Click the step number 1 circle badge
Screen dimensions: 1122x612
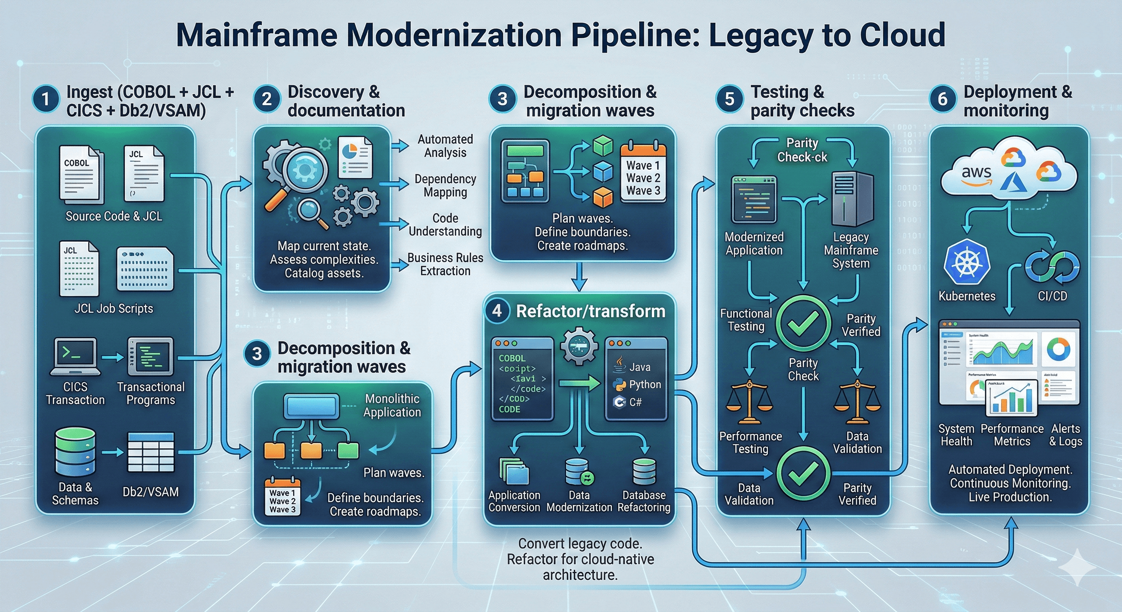[46, 99]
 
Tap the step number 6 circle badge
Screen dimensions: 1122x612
[942, 99]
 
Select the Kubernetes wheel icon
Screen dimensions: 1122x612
[967, 263]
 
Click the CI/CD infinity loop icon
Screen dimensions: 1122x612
[1052, 266]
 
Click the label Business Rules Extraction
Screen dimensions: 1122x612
[445, 265]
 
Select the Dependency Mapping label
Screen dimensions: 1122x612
[445, 186]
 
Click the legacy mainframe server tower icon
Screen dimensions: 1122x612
[852, 198]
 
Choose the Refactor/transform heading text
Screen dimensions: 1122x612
[590, 312]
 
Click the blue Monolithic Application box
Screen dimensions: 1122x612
[311, 406]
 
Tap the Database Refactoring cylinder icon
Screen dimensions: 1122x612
[644, 472]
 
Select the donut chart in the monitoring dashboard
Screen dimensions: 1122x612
[1058, 349]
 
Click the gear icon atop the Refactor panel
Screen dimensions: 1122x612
[579, 346]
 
